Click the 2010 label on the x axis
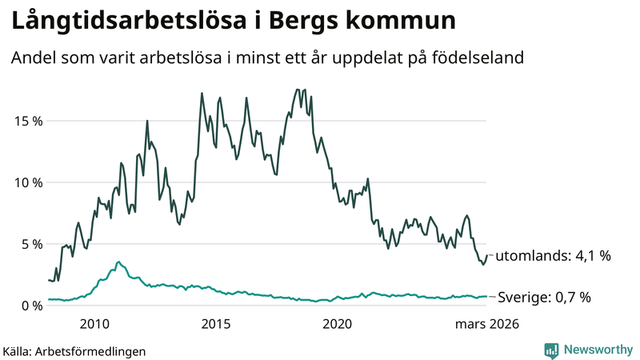coord(94,324)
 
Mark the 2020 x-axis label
coord(337,324)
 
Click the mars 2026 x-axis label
coord(487,324)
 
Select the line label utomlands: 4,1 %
coord(554,257)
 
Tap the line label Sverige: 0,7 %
coord(544,298)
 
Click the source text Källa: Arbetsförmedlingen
coord(74,350)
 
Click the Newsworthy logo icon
coord(551,350)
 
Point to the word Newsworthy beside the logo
coord(597,350)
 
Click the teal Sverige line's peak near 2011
coord(119,262)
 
